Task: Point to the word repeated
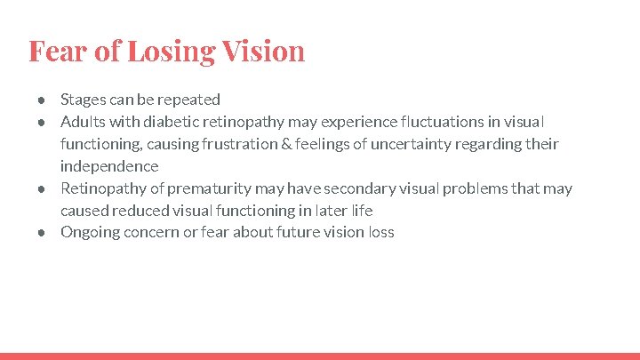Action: (188, 100)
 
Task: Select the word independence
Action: (109, 166)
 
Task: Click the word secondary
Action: (356, 188)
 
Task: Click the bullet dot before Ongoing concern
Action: (42, 233)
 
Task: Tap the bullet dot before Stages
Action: (42, 100)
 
